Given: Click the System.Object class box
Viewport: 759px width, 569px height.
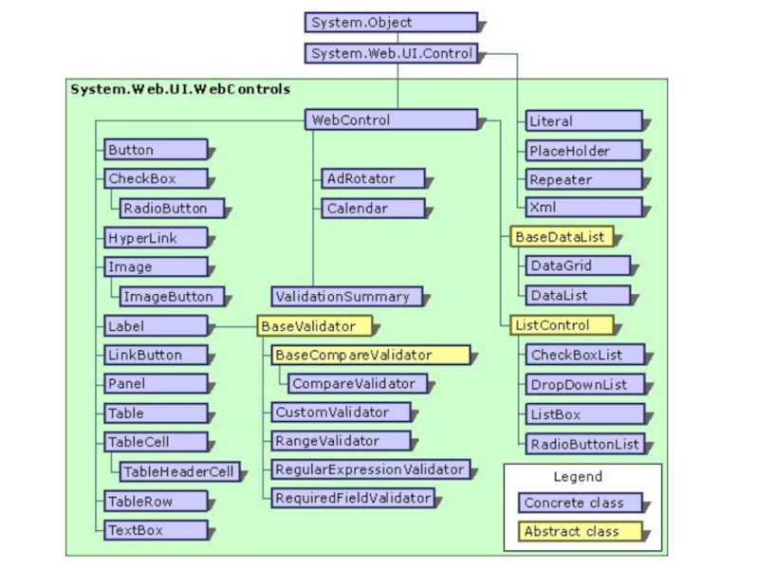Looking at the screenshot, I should click(x=390, y=23).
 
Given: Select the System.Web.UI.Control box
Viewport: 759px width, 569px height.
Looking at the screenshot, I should click(x=390, y=54).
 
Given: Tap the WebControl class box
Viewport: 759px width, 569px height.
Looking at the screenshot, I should click(x=390, y=120).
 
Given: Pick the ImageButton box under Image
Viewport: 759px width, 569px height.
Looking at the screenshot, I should click(x=173, y=297).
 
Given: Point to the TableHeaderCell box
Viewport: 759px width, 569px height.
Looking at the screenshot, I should click(x=178, y=471).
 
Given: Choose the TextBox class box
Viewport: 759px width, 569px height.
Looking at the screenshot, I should click(x=156, y=531).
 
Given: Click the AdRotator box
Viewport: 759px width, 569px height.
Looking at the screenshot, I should click(x=371, y=178).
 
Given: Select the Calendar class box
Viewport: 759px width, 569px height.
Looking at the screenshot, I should click(x=371, y=208).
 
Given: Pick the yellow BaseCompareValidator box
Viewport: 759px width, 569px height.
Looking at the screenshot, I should click(x=370, y=356).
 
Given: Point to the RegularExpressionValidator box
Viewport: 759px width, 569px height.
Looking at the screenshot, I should click(x=370, y=469).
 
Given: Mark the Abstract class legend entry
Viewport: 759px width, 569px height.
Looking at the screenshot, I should click(x=580, y=532).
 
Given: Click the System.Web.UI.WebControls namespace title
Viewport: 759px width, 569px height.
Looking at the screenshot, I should click(x=180, y=89).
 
